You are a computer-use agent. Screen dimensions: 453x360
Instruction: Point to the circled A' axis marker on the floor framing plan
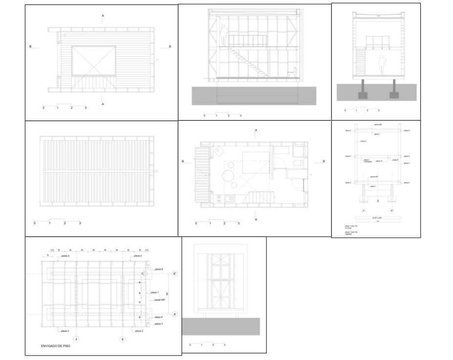175,314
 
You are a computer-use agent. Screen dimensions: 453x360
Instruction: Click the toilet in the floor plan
298,163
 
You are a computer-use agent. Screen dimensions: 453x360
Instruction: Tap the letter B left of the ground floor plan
183,161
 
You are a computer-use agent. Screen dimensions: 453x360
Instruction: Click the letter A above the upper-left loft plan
103,16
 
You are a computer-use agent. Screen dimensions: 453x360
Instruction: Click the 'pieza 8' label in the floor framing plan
158,269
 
